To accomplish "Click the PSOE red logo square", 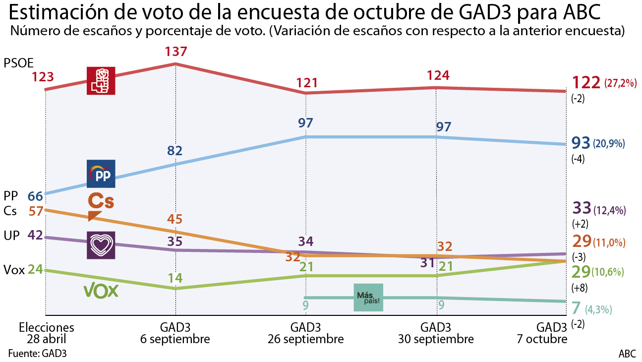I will click(x=101, y=80).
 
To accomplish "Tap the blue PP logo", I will click(x=101, y=174).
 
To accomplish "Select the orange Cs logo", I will click(x=101, y=206).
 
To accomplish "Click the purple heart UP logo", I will click(x=101, y=245).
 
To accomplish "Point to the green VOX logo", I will click(x=102, y=290).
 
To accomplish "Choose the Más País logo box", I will click(x=368, y=298).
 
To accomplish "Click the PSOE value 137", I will click(x=175, y=52).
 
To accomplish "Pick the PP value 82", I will click(x=175, y=151).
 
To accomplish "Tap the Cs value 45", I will click(x=175, y=219).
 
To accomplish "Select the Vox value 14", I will click(x=175, y=277).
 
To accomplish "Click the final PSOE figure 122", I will click(x=586, y=82).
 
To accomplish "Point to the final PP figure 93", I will click(x=581, y=143).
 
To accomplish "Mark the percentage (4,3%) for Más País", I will click(x=598, y=310).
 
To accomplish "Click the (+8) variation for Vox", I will click(x=578, y=288).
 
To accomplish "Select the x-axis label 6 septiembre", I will click(x=175, y=339).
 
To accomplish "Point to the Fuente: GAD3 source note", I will click(x=37, y=354).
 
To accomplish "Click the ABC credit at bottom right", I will click(x=627, y=354).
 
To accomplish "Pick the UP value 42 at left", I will click(x=35, y=236).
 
